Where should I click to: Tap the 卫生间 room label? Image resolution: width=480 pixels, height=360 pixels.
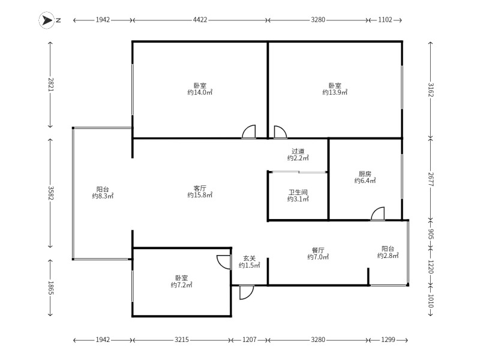298,192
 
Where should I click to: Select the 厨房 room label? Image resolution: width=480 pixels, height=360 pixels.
364,173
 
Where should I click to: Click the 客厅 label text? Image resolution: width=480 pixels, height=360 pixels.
200,187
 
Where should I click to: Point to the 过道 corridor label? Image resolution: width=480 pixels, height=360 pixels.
298,151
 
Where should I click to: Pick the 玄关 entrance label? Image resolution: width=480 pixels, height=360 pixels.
250,257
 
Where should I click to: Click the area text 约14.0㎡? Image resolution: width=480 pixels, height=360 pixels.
200,92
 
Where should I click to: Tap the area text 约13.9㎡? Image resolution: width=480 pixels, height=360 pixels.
335,92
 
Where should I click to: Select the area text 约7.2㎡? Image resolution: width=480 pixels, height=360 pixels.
182,285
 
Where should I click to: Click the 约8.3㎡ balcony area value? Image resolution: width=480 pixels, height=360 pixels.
103,196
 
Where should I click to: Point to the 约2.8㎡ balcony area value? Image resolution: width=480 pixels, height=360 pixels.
388,256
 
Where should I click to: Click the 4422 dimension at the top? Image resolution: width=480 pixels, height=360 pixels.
200,20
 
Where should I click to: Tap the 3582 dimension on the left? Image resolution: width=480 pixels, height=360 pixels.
50,193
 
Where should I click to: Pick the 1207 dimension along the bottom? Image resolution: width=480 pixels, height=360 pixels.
249,340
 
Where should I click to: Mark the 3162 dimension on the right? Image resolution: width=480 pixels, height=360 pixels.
430,89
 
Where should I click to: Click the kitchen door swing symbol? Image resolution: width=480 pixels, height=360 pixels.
377,214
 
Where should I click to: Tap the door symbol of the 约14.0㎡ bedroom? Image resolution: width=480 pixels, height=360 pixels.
249,132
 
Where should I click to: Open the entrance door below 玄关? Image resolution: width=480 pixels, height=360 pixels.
246,292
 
